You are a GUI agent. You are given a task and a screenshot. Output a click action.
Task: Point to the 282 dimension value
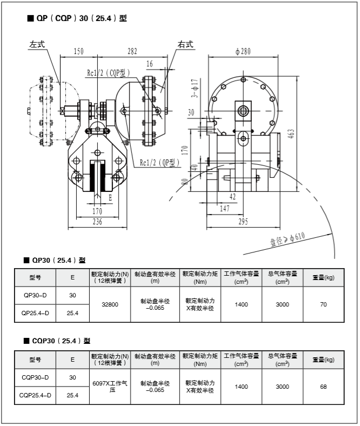[132, 51]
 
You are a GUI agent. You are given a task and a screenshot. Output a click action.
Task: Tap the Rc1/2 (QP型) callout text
[159, 162]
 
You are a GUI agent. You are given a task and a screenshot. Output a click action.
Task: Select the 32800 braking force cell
[110, 304]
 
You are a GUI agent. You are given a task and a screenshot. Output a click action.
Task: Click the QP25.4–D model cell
[35, 313]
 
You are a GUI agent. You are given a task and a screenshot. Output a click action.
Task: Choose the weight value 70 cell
[323, 304]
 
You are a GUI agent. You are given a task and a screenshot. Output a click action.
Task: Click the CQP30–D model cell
[35, 377]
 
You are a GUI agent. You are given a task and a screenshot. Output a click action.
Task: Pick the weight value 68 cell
[323, 387]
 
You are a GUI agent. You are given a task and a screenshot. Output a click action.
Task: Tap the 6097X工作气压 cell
[110, 386]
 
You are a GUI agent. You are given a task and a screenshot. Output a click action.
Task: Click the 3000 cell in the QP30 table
[282, 304]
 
